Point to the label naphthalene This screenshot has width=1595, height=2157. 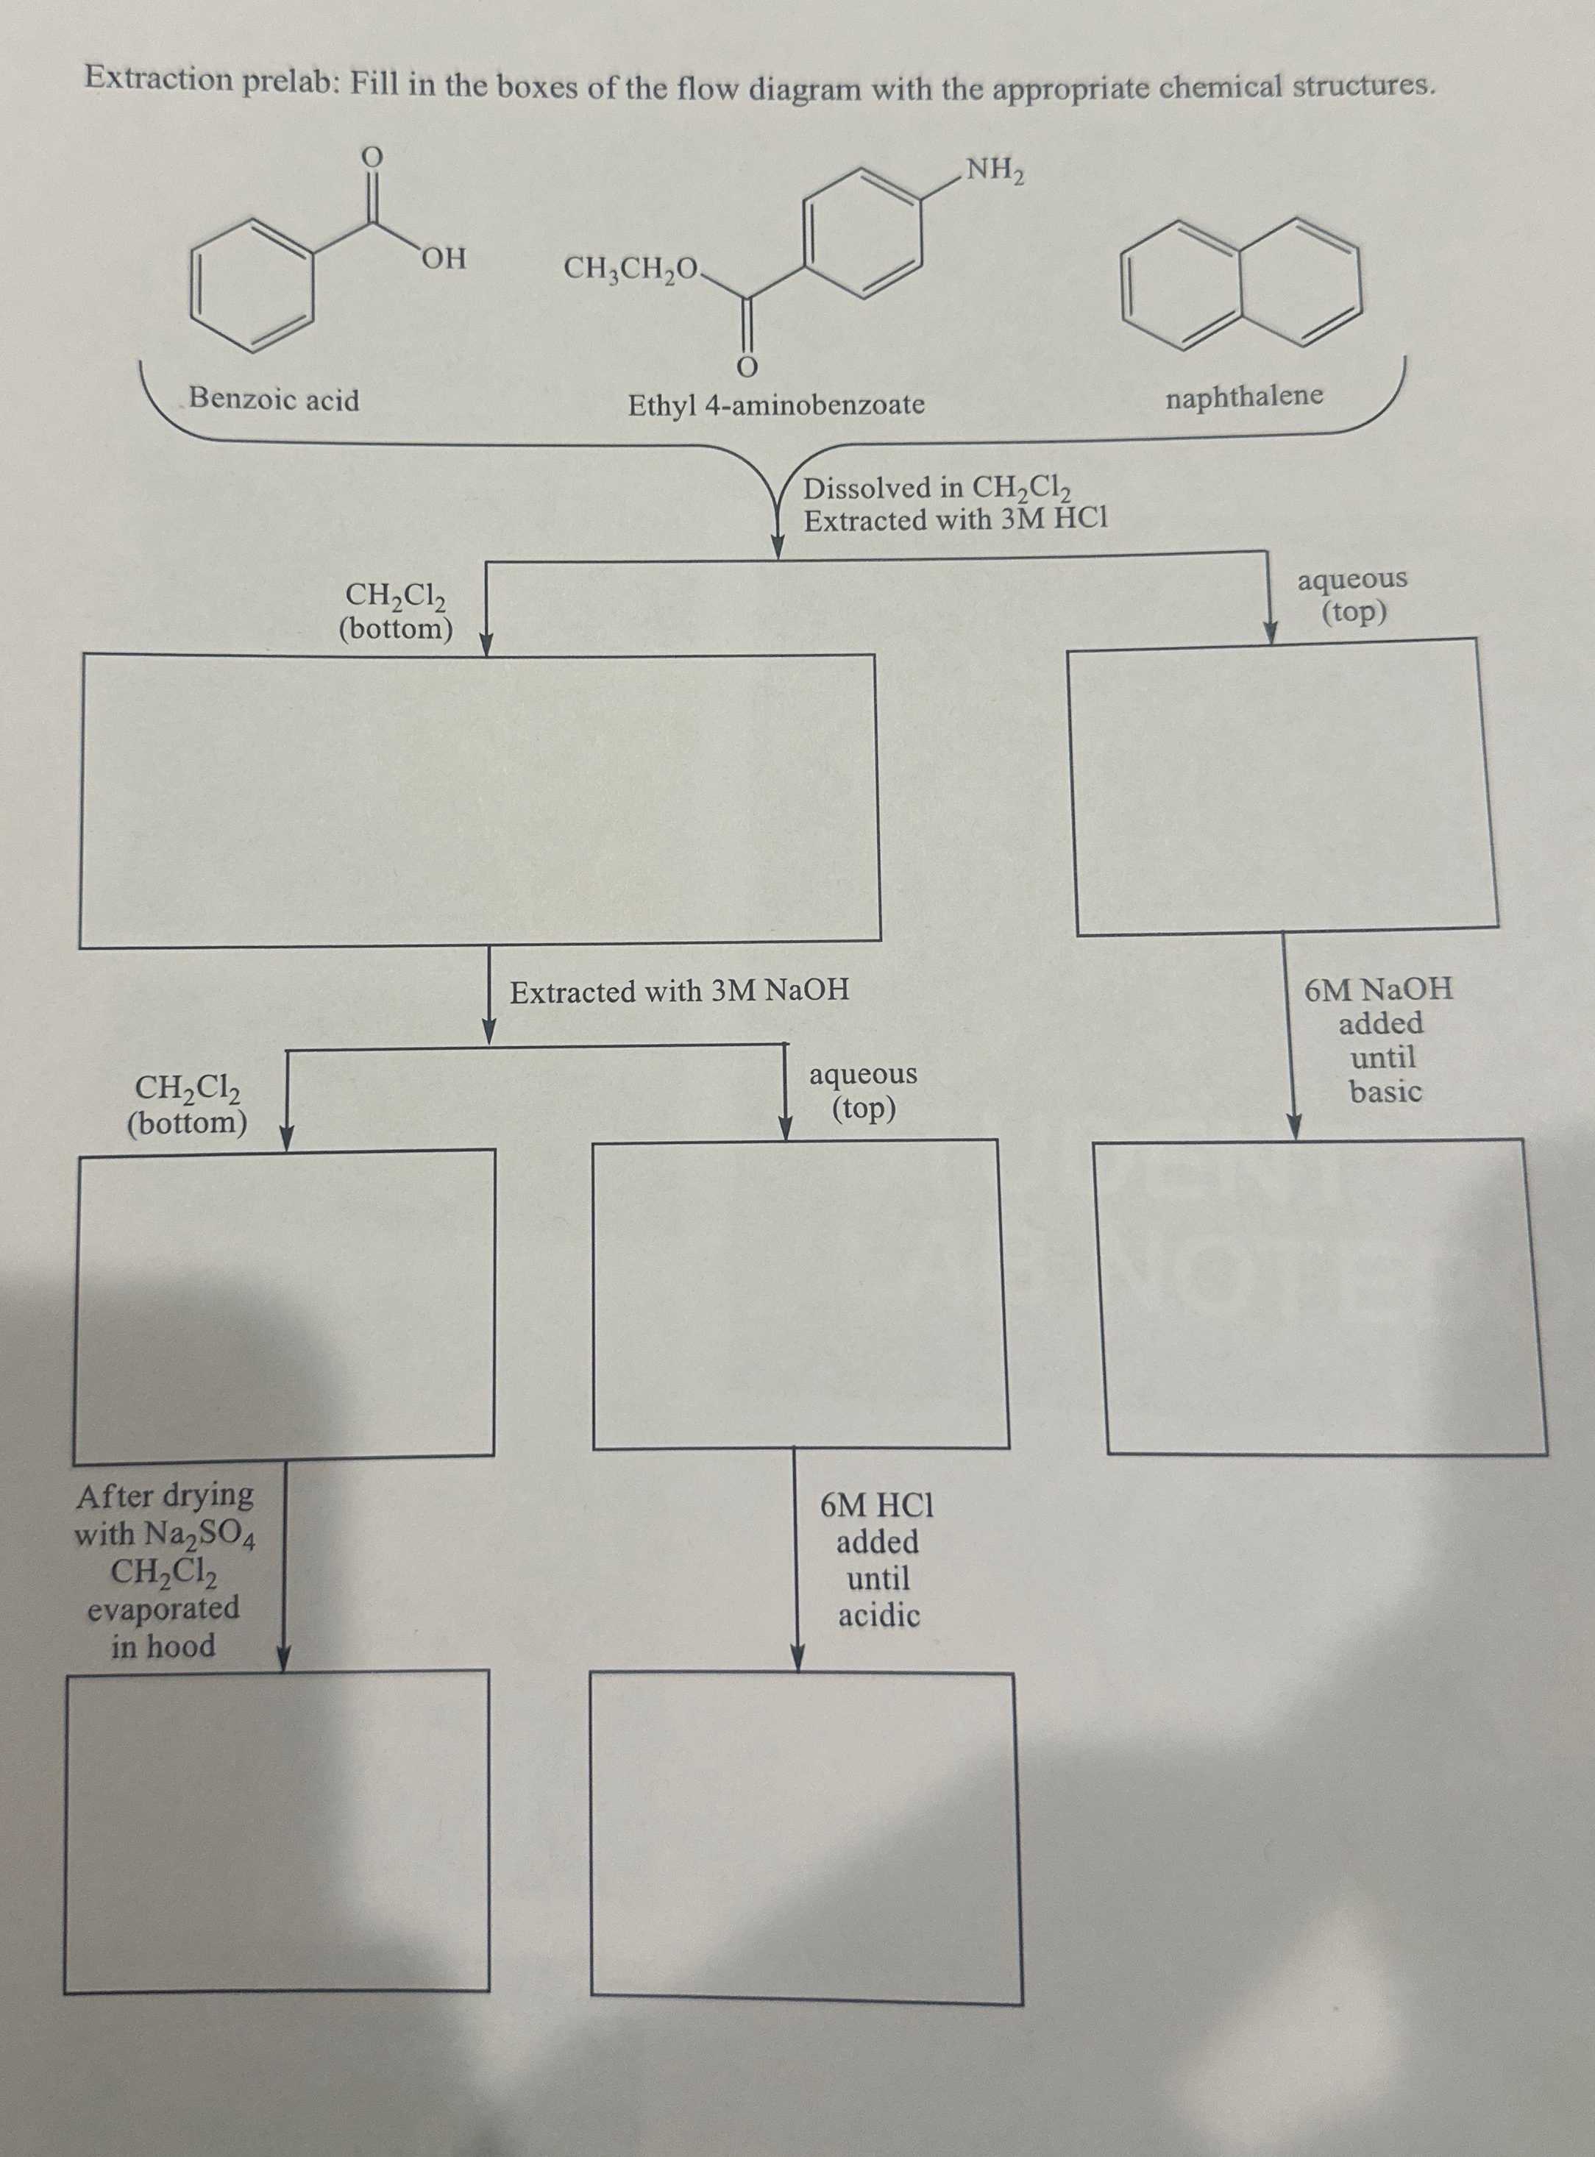click(1243, 396)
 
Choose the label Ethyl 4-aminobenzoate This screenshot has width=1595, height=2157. click(776, 405)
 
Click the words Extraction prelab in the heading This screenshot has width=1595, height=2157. click(208, 80)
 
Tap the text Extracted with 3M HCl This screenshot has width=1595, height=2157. click(956, 520)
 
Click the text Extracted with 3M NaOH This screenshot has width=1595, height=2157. click(680, 992)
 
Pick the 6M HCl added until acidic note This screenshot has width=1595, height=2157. click(877, 1560)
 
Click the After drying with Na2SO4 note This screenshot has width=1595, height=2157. click(164, 1571)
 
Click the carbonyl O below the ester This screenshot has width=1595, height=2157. click(745, 367)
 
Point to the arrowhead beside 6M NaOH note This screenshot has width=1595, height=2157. click(1296, 1126)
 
